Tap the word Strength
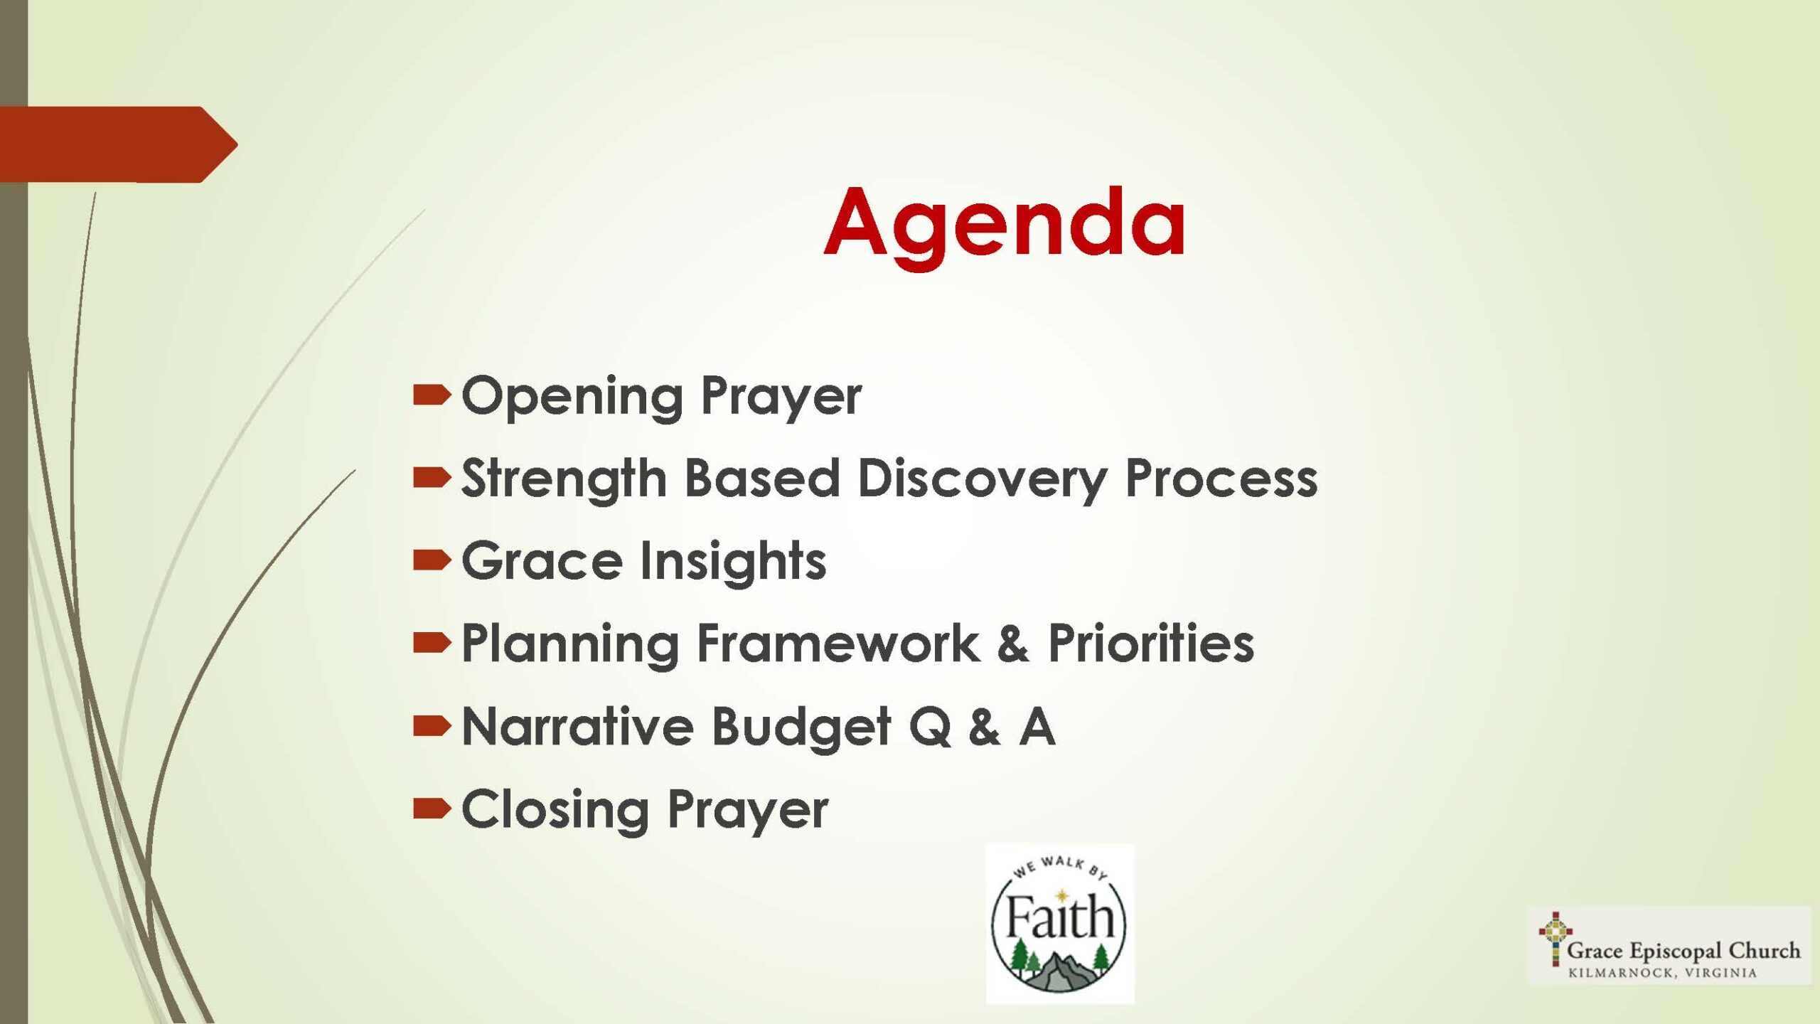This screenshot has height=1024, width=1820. [564, 478]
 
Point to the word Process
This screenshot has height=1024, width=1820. [1221, 479]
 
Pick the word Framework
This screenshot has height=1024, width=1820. [838, 644]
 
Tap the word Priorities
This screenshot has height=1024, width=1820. [1151, 644]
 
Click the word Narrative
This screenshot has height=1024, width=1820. [577, 727]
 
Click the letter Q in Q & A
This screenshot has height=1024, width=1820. [930, 727]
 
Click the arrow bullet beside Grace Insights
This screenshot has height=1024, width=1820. [432, 561]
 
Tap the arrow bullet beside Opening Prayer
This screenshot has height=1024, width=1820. [432, 395]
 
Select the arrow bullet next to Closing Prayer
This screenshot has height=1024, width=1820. [432, 809]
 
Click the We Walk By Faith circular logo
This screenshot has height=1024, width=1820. [1059, 924]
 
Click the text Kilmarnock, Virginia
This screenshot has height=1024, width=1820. [1662, 973]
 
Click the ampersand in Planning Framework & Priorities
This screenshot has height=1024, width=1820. [1013, 644]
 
